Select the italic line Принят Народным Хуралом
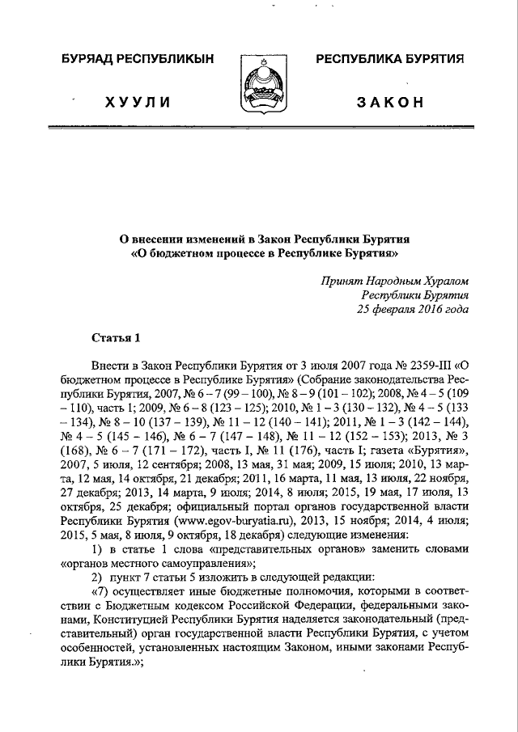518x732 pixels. (395, 281)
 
